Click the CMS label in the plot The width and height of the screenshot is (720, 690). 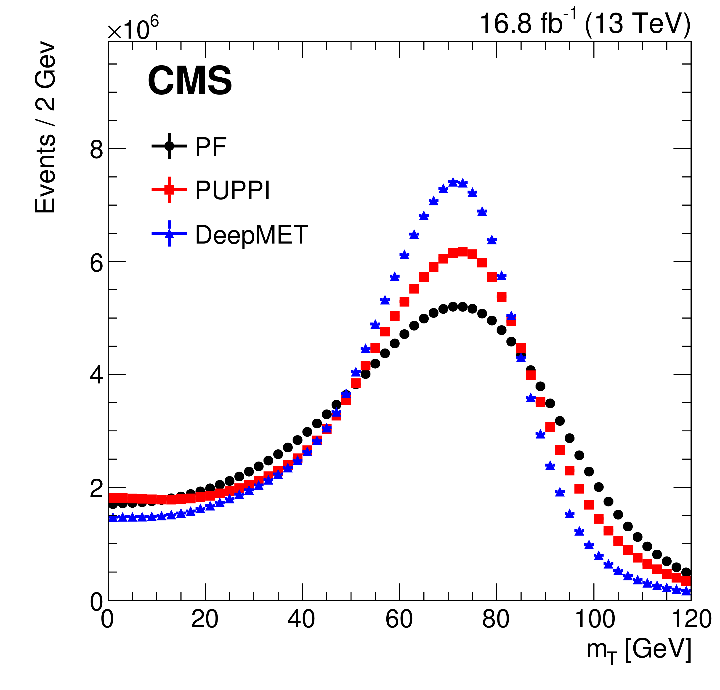point(190,81)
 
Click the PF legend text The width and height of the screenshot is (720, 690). point(210,147)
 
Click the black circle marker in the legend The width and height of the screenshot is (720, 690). point(169,146)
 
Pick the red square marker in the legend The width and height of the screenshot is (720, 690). point(169,190)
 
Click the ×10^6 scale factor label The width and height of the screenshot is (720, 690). point(133,29)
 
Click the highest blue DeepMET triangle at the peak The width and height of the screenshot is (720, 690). point(453,182)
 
